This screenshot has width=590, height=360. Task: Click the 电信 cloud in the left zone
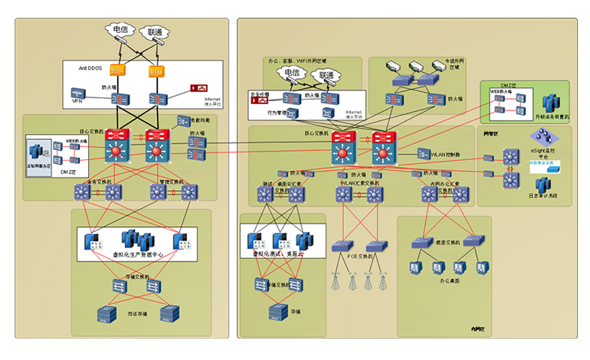(x=120, y=30)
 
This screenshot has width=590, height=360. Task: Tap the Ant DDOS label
(x=91, y=68)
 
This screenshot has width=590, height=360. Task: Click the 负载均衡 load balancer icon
(x=184, y=121)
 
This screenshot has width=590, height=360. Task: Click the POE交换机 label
(x=359, y=257)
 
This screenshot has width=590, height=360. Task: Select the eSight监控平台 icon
(x=545, y=138)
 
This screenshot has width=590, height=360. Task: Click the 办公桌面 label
(x=449, y=281)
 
